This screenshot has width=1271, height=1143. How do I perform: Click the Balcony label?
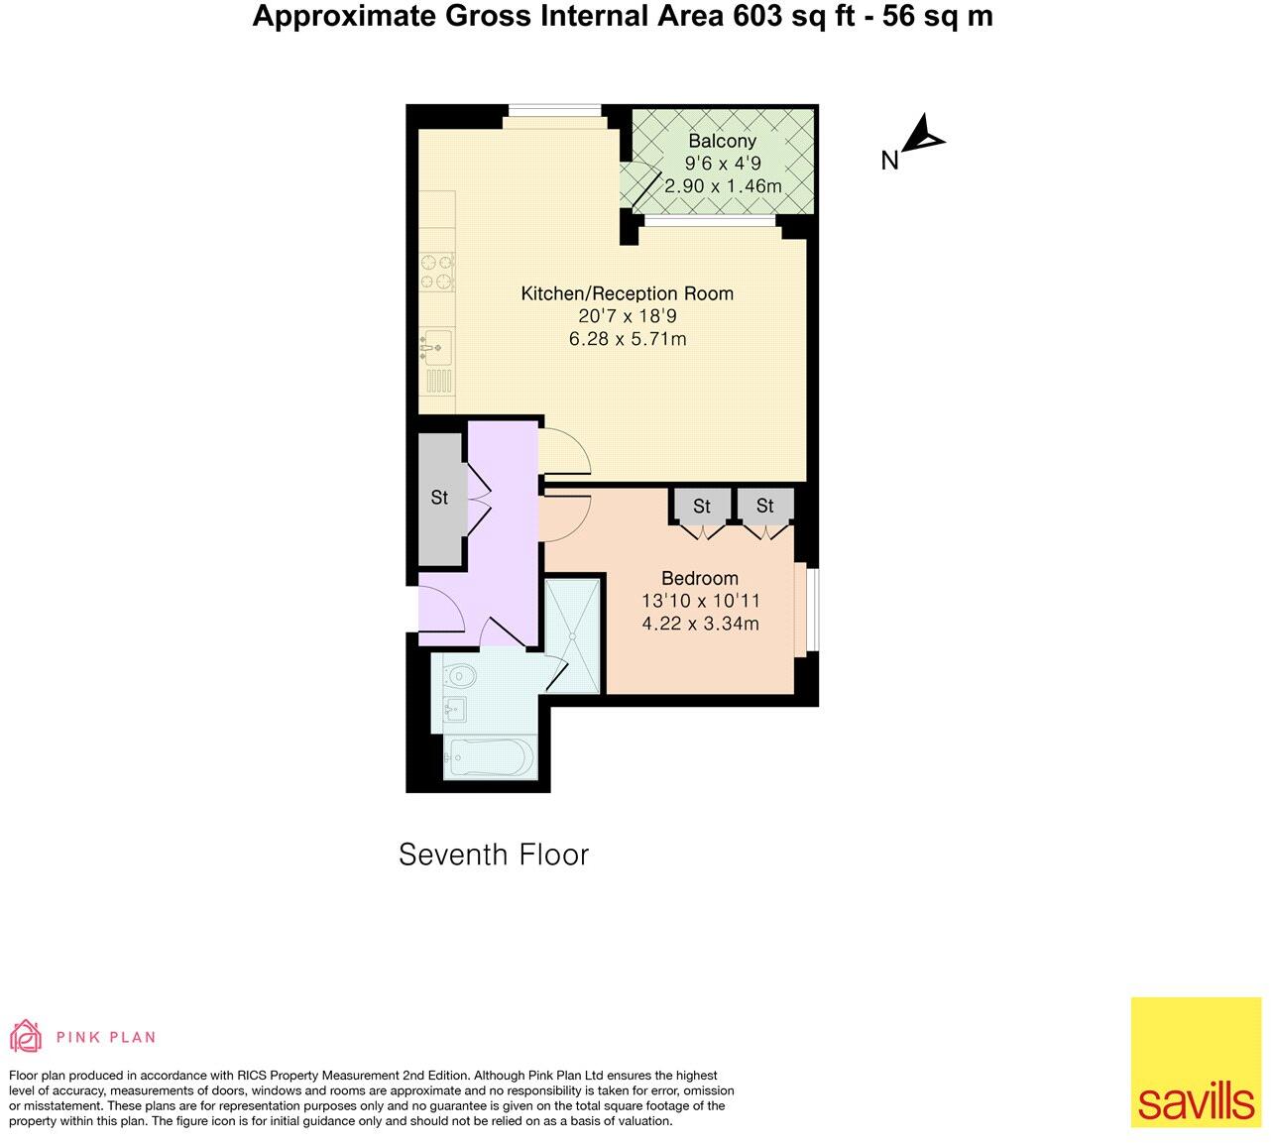[x=722, y=142]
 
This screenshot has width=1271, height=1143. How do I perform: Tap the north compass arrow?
[x=923, y=136]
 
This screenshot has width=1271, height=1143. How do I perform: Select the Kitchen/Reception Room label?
[x=627, y=293]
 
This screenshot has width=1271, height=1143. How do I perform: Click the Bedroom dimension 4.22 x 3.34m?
[x=700, y=624]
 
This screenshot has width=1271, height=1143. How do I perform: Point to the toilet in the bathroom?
[x=460, y=676]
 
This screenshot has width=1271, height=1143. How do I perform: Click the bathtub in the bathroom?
[x=489, y=758]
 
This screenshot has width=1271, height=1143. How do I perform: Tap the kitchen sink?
[x=434, y=347]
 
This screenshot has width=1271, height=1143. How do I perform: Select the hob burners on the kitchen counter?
[x=436, y=273]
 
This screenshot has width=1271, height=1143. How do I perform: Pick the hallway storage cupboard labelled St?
[x=439, y=498]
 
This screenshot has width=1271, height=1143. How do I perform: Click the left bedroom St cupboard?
[x=701, y=507]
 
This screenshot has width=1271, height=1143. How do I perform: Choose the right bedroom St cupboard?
[x=764, y=507]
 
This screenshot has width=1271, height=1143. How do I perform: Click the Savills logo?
[x=1196, y=1062]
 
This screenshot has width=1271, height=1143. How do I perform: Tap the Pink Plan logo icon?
[x=25, y=1037]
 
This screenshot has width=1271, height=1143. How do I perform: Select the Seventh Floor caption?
[x=493, y=855]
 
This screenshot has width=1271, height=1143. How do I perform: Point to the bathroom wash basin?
[x=455, y=710]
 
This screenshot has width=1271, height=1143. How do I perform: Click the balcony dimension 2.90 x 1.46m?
[x=722, y=186]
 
